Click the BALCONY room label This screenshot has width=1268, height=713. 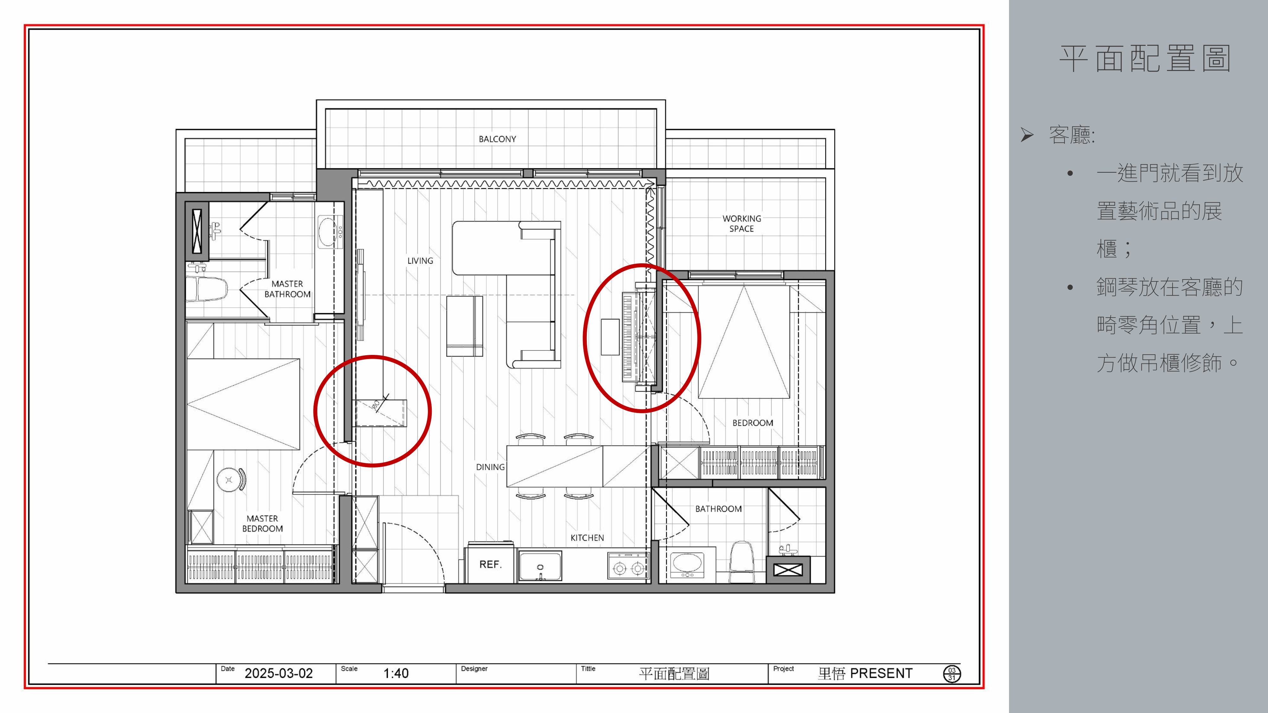[x=497, y=139]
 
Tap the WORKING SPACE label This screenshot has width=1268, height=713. [x=742, y=223]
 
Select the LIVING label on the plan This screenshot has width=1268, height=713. [x=420, y=261]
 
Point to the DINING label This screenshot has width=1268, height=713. [x=490, y=467]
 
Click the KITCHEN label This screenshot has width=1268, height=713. [x=587, y=538]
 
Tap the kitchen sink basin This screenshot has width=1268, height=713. [x=540, y=566]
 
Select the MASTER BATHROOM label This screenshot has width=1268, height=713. [x=288, y=289]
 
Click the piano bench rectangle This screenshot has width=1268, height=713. [x=610, y=337]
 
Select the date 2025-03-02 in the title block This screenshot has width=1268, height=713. [x=279, y=673]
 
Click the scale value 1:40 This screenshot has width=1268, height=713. [x=396, y=673]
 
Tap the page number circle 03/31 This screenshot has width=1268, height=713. [x=952, y=674]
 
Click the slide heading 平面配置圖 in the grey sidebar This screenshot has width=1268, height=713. [x=1145, y=59]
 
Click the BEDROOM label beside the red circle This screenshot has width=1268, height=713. [x=753, y=423]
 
